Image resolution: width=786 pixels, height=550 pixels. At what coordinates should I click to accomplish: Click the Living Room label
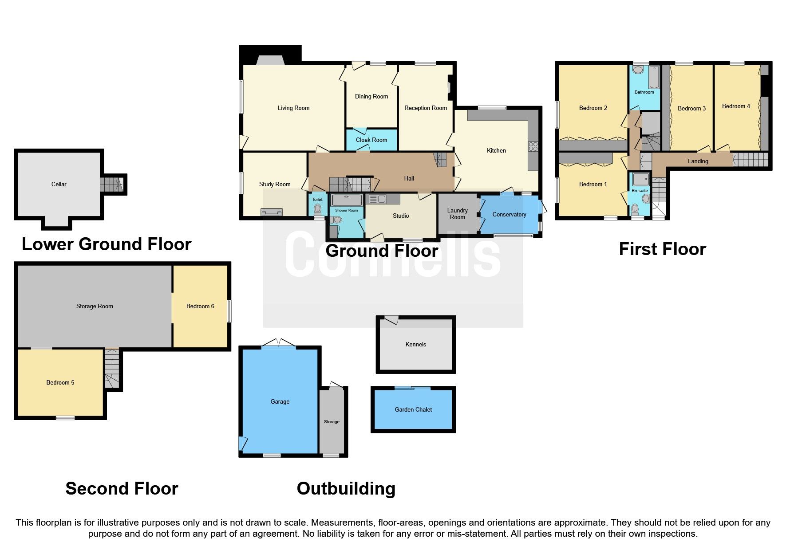click(293, 108)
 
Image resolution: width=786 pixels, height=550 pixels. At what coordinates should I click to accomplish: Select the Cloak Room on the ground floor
click(371, 140)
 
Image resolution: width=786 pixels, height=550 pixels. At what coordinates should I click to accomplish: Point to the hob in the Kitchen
click(533, 146)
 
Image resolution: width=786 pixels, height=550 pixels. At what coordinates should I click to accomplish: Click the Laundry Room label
click(458, 214)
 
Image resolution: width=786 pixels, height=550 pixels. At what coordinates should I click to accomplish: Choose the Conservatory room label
click(509, 215)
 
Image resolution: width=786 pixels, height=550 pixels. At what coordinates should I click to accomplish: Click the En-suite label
click(640, 191)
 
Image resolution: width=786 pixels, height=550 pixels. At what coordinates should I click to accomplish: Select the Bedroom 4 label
click(736, 106)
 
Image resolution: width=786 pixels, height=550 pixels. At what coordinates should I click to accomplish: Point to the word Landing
click(698, 161)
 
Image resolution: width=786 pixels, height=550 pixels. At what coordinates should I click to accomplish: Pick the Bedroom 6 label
click(200, 306)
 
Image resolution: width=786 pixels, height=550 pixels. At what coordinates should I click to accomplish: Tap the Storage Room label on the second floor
click(95, 306)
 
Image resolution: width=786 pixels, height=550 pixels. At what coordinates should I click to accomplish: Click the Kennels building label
click(416, 344)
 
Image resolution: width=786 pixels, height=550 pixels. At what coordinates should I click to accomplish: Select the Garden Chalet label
click(413, 409)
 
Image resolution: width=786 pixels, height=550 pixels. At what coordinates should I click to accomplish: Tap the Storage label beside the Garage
click(332, 422)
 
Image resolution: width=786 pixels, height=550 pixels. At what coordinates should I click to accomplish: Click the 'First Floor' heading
click(662, 249)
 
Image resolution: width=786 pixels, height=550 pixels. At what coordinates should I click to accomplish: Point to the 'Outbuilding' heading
click(346, 489)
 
